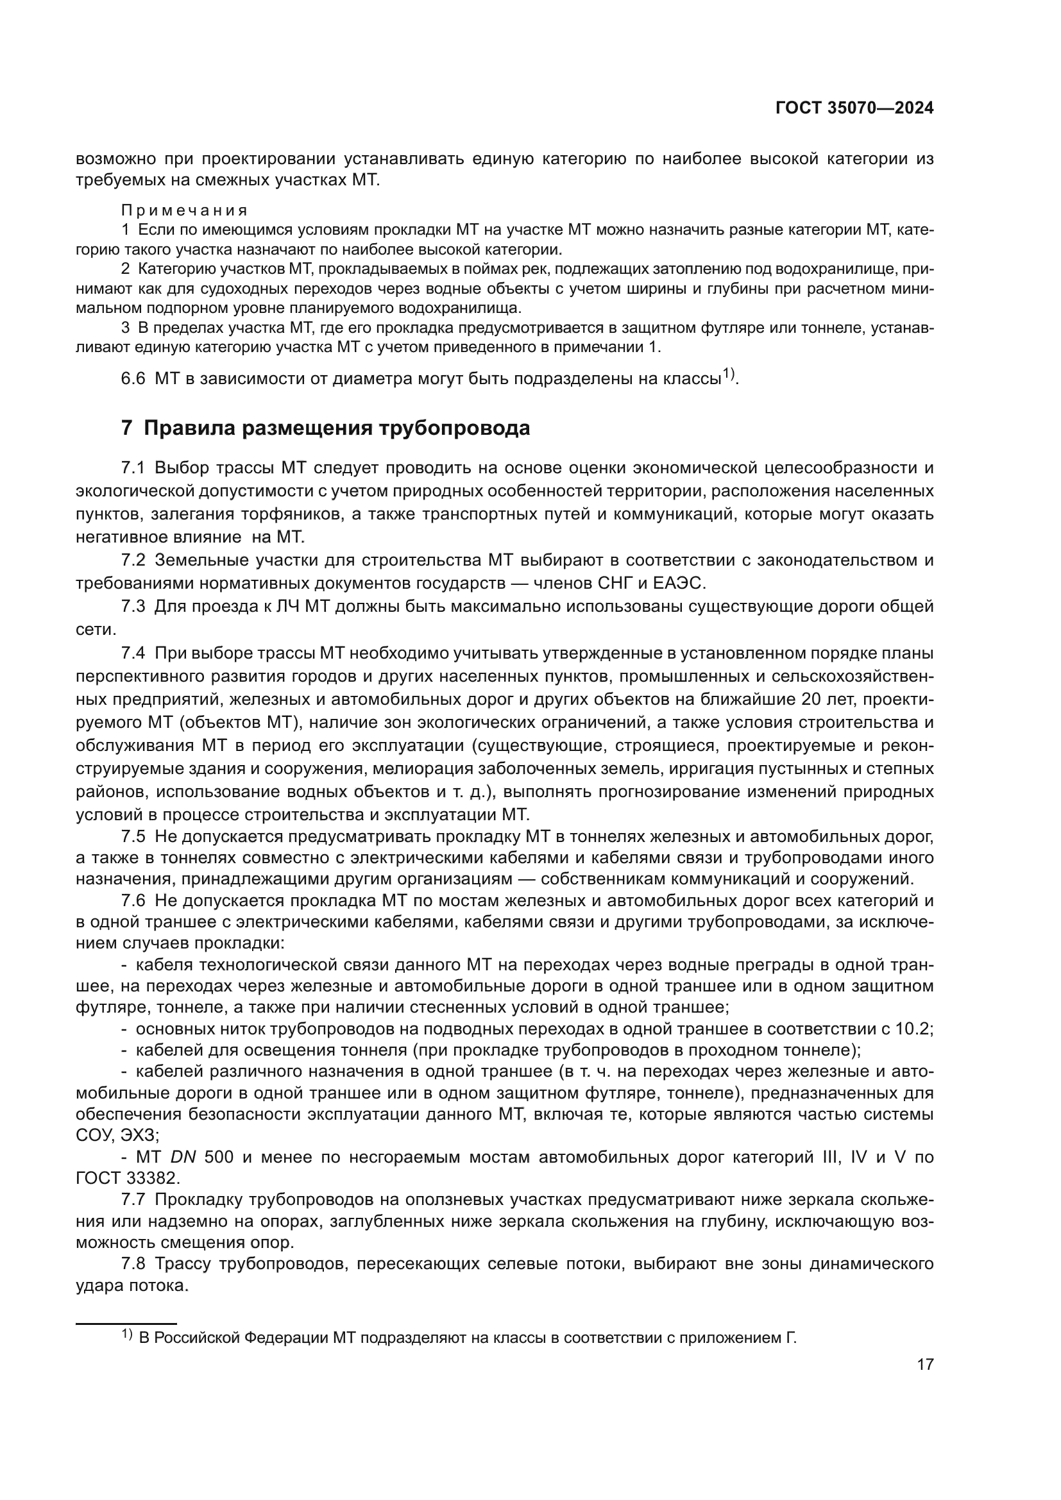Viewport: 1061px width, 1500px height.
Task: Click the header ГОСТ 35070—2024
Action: click(x=854, y=108)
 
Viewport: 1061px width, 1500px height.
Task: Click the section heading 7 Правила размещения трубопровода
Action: click(x=325, y=428)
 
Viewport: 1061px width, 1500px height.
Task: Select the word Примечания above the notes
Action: click(x=184, y=210)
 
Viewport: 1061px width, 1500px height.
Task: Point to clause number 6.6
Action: click(x=133, y=379)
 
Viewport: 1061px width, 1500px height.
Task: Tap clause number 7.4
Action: click(x=133, y=653)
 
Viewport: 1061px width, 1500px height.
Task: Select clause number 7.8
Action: click(x=133, y=1264)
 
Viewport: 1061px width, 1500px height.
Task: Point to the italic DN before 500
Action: click(x=183, y=1157)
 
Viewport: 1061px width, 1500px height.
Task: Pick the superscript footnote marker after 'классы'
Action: click(x=729, y=375)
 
